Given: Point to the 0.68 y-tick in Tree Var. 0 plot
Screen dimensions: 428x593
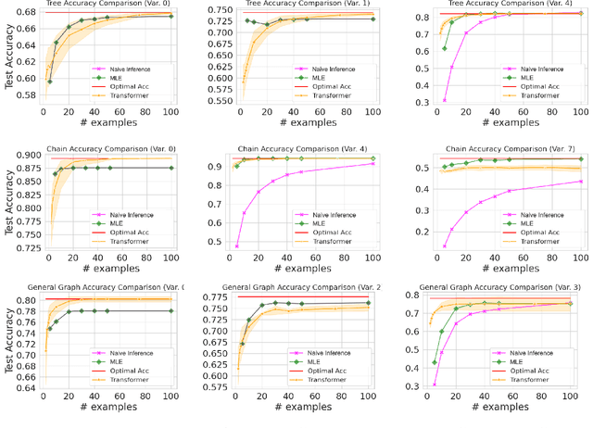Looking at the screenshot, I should click(x=28, y=12).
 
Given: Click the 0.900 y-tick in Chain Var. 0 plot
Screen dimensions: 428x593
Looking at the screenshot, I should click(x=24, y=155).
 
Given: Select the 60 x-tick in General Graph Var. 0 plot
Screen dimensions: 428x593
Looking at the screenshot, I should click(x=123, y=396).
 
